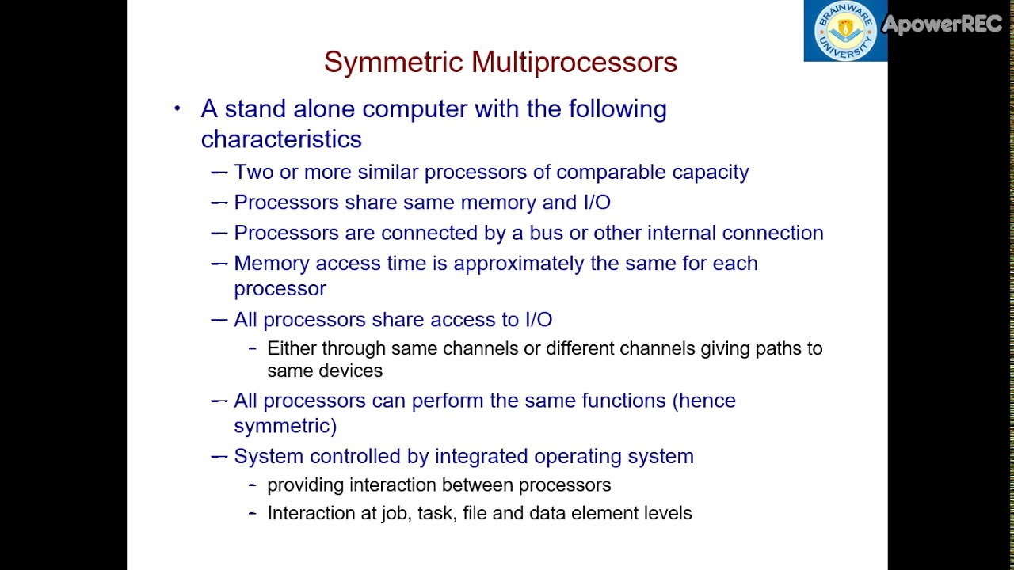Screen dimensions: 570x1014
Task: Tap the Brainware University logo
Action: click(845, 31)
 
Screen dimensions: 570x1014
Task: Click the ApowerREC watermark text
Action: click(943, 25)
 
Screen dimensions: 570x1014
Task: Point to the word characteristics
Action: click(281, 139)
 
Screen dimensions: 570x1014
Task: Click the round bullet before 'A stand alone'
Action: click(177, 108)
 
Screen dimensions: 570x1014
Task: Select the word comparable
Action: click(611, 173)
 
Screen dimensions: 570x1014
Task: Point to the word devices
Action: click(352, 370)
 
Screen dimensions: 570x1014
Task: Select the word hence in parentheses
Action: click(707, 401)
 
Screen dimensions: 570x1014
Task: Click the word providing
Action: click(306, 485)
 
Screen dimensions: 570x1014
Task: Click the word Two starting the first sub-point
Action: click(252, 173)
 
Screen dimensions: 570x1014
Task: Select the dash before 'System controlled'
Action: click(219, 457)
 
